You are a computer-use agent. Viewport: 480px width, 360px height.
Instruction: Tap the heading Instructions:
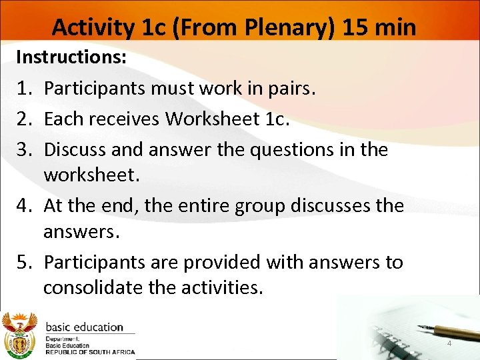[71, 57]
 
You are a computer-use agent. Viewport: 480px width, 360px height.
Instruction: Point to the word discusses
[325, 206]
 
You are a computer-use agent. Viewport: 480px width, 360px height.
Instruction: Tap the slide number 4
[449, 343]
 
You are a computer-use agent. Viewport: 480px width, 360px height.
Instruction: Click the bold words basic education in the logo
[85, 327]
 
